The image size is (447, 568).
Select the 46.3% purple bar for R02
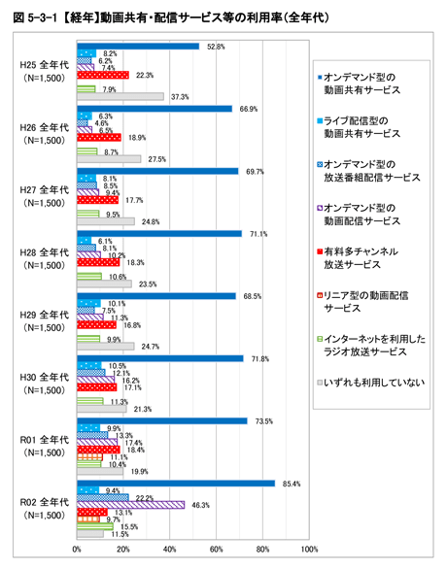pos(130,504)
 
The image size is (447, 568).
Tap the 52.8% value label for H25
pos(216,47)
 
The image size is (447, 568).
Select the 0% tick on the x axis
pos(78,550)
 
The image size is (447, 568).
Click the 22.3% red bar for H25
pos(103,75)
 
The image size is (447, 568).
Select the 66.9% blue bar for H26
pos(155,109)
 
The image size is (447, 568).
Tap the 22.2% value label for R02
pos(142,496)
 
